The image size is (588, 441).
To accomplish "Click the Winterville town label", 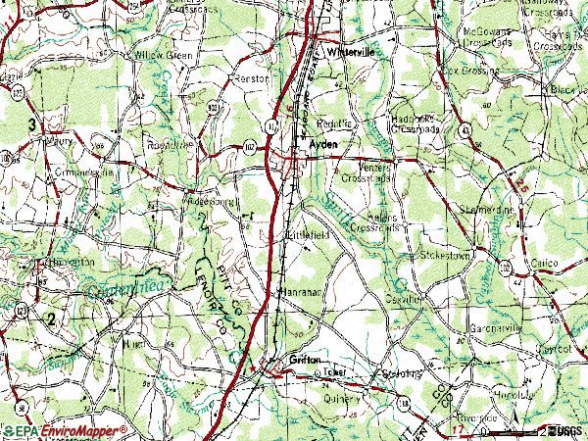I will coord(351,50).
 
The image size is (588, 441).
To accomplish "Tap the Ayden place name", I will coord(323,143).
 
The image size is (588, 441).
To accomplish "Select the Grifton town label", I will coord(306,361).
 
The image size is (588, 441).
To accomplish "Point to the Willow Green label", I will coord(164,56).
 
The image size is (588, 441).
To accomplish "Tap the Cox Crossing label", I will coord(470,71).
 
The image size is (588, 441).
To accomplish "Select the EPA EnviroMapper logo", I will coord(65,430).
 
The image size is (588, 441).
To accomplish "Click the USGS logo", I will coord(565,430).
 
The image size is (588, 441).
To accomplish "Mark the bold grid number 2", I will coord(51,318).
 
